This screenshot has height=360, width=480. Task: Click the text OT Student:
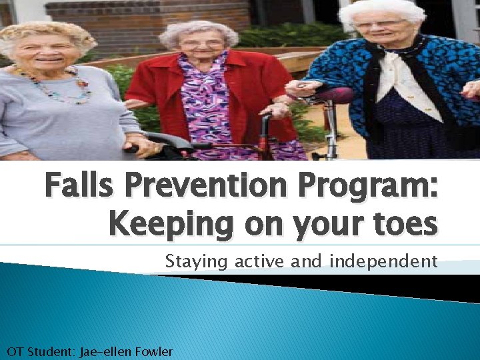[x=41, y=351]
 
